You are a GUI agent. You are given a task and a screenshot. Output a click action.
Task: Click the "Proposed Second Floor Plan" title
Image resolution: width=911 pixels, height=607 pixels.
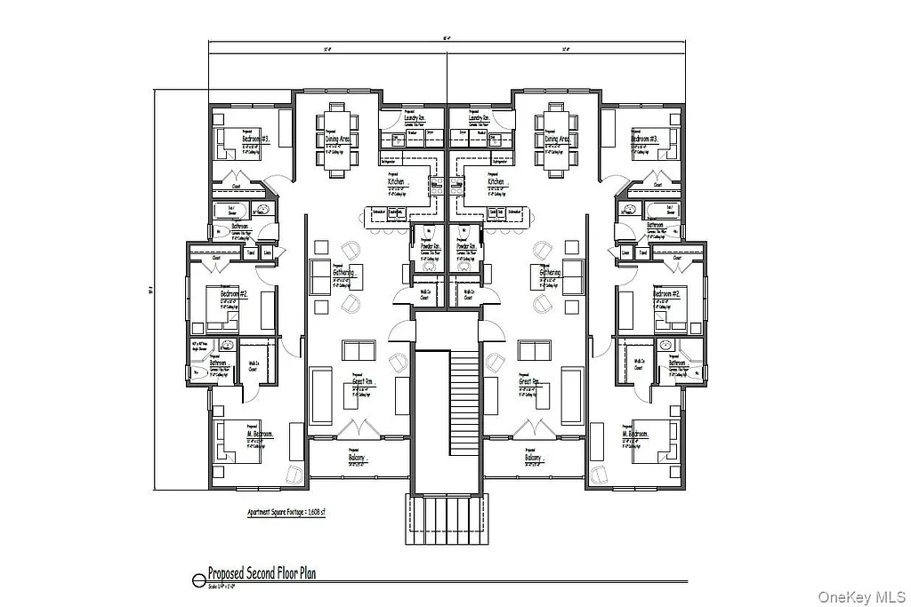point(262,574)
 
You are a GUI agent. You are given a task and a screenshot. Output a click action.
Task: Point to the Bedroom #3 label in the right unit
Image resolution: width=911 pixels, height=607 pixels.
point(644,140)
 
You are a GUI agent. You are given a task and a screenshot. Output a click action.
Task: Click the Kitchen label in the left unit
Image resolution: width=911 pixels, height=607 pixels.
point(397,181)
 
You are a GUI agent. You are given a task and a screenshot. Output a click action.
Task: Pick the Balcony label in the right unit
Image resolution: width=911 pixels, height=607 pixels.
point(532,459)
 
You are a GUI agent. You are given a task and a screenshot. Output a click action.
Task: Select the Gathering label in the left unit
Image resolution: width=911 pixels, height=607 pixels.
point(344,272)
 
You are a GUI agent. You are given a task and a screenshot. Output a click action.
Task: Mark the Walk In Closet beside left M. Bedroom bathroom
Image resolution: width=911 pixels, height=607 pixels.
point(254,364)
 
